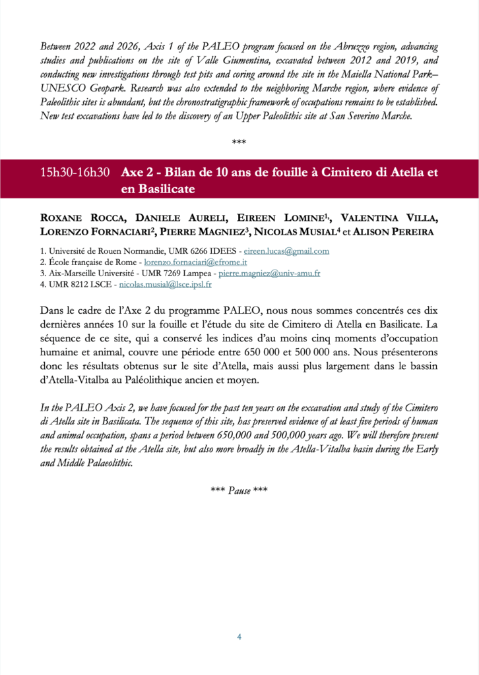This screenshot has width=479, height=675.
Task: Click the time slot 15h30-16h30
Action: click(75, 173)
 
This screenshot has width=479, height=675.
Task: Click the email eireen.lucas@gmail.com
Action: click(286, 251)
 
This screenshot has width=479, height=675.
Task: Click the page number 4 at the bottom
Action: click(239, 637)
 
